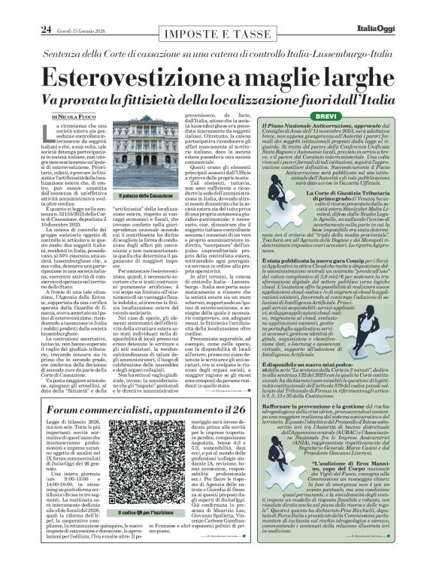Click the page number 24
point(46,9)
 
